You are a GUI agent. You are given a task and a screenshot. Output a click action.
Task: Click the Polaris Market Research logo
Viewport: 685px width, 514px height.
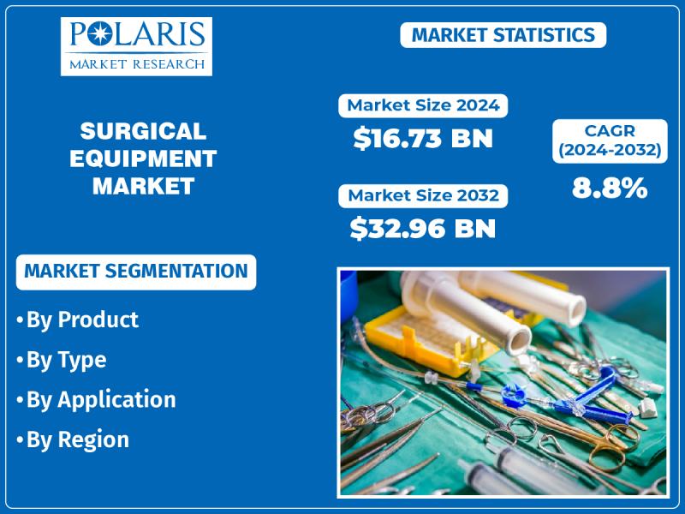tap(136, 46)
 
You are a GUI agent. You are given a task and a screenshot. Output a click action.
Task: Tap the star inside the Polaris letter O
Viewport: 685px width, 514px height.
tap(99, 34)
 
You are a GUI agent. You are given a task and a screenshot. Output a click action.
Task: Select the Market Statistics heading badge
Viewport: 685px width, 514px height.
tap(503, 35)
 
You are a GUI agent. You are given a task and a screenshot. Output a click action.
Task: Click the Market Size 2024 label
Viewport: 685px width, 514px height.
tap(423, 105)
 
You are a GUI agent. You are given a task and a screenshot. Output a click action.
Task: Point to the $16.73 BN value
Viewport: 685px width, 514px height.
tap(423, 138)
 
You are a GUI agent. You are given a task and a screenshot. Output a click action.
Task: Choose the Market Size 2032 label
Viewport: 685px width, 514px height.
tap(423, 195)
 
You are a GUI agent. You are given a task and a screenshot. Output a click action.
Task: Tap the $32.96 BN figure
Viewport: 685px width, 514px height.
tap(423, 228)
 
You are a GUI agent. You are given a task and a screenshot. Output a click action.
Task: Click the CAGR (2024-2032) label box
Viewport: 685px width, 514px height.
tap(610, 140)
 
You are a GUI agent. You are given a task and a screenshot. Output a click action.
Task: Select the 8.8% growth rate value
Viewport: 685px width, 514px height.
tap(610, 188)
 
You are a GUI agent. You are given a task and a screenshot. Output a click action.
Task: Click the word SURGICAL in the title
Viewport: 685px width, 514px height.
tap(143, 131)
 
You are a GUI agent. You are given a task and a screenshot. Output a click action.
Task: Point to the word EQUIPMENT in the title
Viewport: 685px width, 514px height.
tap(143, 158)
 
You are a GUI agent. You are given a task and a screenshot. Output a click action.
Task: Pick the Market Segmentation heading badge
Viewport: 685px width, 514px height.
tap(136, 272)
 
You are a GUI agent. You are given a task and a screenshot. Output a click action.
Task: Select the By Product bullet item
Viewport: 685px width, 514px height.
tap(78, 320)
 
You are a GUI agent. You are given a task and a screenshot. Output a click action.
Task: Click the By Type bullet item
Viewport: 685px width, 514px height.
tap(62, 361)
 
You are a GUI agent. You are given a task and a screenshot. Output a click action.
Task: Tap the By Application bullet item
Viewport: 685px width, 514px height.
tap(96, 400)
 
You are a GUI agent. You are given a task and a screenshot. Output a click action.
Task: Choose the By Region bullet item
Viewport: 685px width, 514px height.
tap(73, 439)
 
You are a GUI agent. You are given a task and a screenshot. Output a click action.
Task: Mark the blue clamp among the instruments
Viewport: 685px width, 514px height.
tap(568, 396)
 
